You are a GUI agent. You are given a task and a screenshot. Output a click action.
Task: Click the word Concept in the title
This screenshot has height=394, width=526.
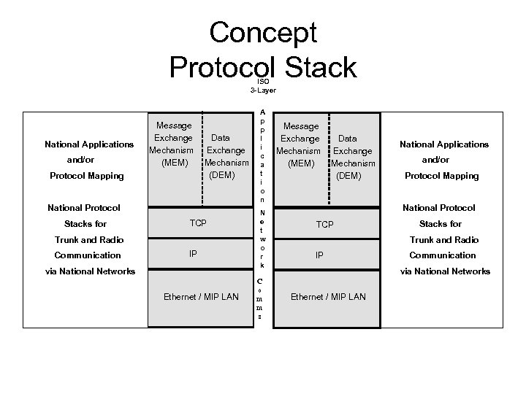coord(263,33)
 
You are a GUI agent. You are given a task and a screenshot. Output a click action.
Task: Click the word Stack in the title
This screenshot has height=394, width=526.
coord(313,66)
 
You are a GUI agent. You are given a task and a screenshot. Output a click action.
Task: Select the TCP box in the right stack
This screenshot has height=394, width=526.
coord(324,224)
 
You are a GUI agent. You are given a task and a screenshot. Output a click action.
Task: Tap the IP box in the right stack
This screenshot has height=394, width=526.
coord(319,255)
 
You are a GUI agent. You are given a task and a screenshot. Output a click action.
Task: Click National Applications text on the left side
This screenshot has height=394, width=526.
coord(89,144)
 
